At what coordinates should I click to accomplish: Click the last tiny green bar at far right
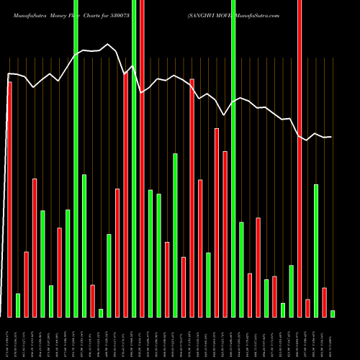[333, 313]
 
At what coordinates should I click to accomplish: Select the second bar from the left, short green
[18, 305]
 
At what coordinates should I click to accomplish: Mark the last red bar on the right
[324, 302]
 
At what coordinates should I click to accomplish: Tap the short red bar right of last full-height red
[307, 308]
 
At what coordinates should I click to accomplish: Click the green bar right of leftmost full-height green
[84, 246]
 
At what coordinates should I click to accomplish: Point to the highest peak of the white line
[109, 45]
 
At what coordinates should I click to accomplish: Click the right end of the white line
[331, 137]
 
